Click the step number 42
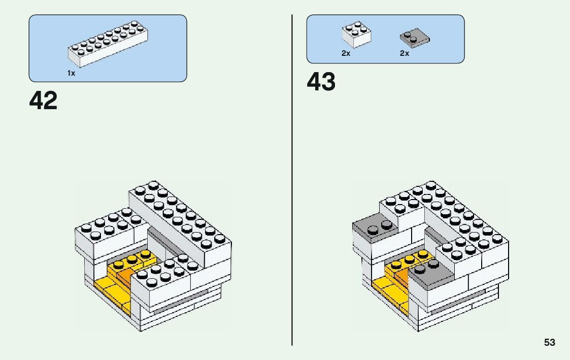(x=43, y=101)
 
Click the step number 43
(x=321, y=82)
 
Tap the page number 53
(x=550, y=343)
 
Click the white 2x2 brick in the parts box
(x=356, y=35)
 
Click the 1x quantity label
(x=71, y=74)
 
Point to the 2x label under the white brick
(x=346, y=53)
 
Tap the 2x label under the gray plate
(x=404, y=53)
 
